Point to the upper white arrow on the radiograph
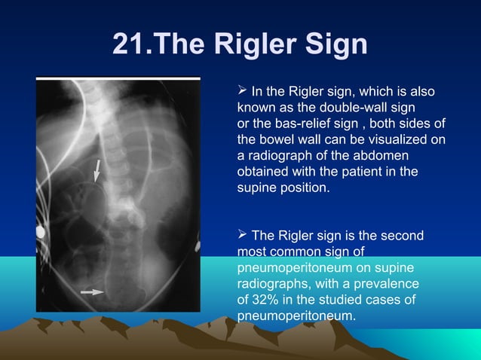pos(97,170)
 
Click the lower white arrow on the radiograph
pos(93,291)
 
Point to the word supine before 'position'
pos(258,188)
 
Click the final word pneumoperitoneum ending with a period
pos(296,317)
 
